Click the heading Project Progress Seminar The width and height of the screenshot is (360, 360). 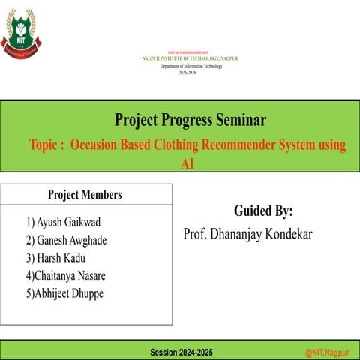tap(190, 120)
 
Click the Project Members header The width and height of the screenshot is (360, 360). tap(85, 195)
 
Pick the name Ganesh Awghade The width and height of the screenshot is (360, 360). tap(66, 241)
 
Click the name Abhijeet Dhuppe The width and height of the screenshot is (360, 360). tap(64, 293)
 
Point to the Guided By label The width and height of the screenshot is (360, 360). tap(263, 210)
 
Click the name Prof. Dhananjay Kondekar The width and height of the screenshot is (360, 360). tap(247, 235)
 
